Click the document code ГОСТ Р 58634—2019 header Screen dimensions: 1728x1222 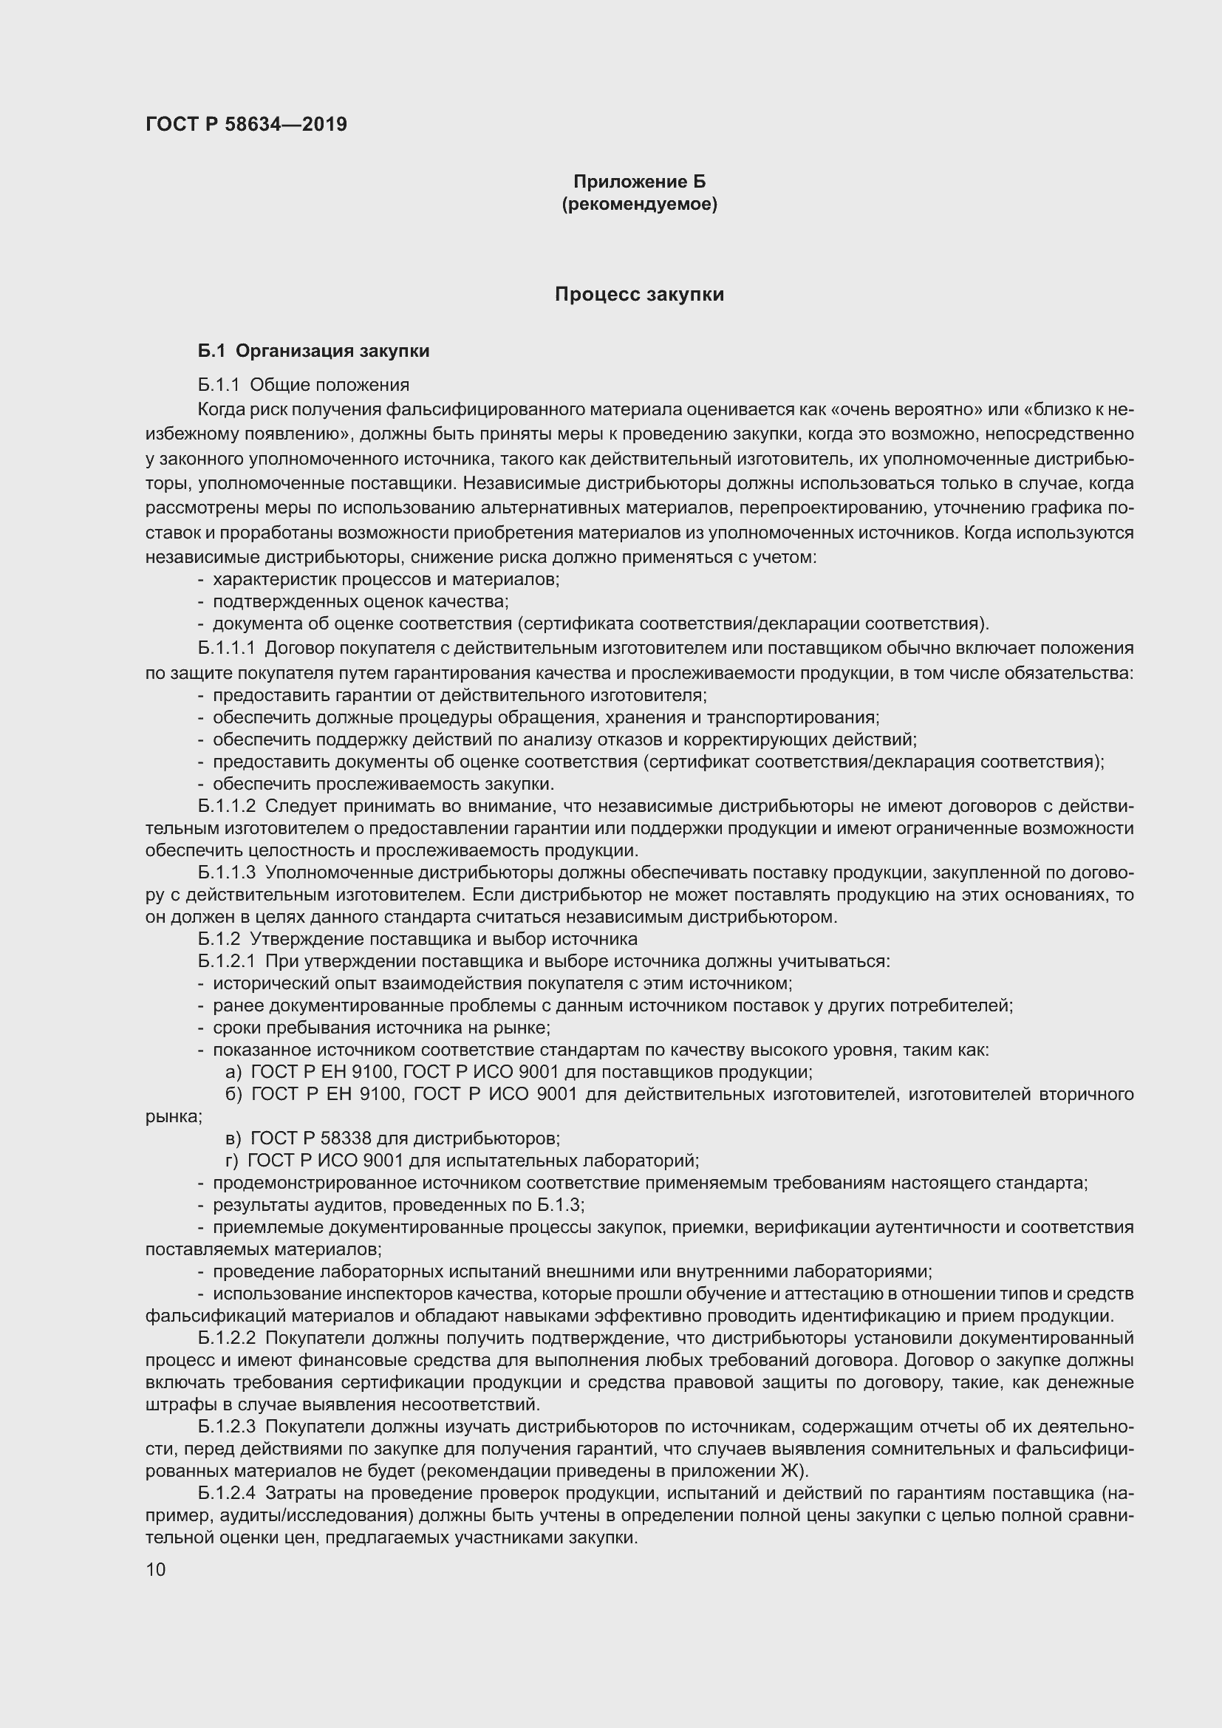pyautogui.click(x=246, y=124)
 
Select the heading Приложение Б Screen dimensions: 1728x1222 pyautogui.click(x=639, y=182)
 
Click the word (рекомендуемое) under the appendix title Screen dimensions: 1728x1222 pyautogui.click(x=639, y=204)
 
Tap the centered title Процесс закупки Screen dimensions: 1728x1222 pyautogui.click(x=639, y=294)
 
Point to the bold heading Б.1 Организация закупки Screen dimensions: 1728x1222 pyautogui.click(x=314, y=351)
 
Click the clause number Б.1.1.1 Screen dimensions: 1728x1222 pyautogui.click(x=227, y=648)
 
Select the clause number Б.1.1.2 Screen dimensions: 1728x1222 pyautogui.click(x=227, y=806)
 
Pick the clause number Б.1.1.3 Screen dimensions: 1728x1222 pyautogui.click(x=227, y=873)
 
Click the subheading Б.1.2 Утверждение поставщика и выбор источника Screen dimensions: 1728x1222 pyautogui.click(x=417, y=939)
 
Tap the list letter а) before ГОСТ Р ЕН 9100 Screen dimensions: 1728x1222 pyautogui.click(x=233, y=1073)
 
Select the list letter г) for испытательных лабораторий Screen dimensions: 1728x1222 pyautogui.click(x=232, y=1161)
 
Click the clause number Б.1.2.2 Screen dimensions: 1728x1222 pyautogui.click(x=227, y=1338)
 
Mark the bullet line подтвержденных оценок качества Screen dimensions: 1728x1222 pyautogui.click(x=361, y=601)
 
